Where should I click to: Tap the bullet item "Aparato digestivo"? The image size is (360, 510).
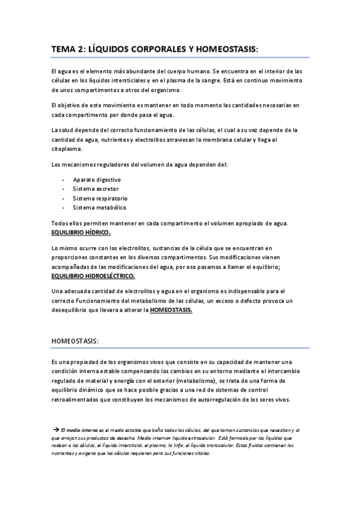tap(97, 179)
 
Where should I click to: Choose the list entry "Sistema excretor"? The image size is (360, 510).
tap(96, 189)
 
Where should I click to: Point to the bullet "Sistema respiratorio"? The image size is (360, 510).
tap(100, 198)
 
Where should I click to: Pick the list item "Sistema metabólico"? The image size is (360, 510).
tap(99, 207)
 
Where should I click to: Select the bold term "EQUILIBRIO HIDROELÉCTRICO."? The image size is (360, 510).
tap(93, 276)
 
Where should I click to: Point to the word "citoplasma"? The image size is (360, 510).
tap(67, 149)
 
